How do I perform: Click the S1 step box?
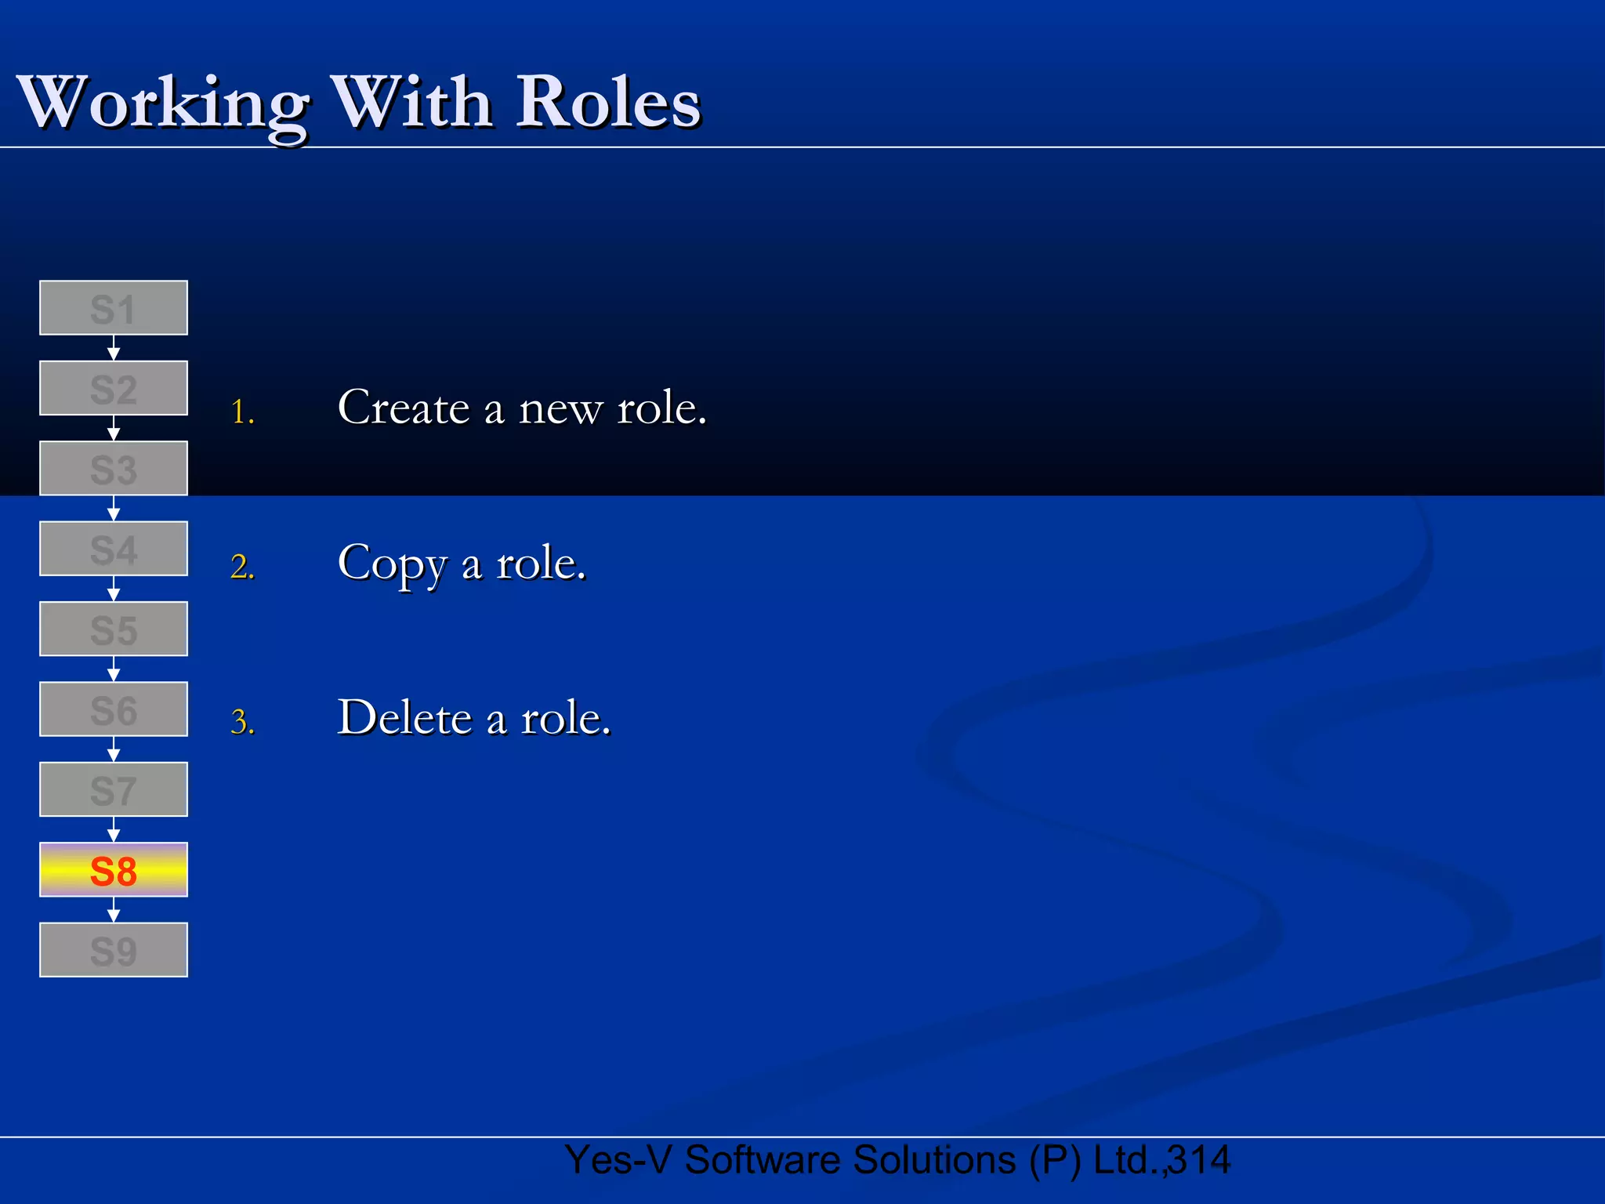point(114,308)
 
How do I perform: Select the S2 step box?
point(114,388)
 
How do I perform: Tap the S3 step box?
point(114,469)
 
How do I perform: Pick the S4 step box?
point(114,549)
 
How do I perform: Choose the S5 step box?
point(114,629)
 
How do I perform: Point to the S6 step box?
point(114,709)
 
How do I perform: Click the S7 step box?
point(114,789)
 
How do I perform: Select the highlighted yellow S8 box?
point(114,870)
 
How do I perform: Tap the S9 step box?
point(114,950)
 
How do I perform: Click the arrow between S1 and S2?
point(114,348)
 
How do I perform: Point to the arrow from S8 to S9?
point(114,910)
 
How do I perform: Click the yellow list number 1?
point(242,412)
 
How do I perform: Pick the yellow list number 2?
point(242,567)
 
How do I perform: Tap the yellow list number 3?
point(242,722)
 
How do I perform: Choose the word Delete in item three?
point(404,718)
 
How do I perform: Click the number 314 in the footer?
point(1199,1160)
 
